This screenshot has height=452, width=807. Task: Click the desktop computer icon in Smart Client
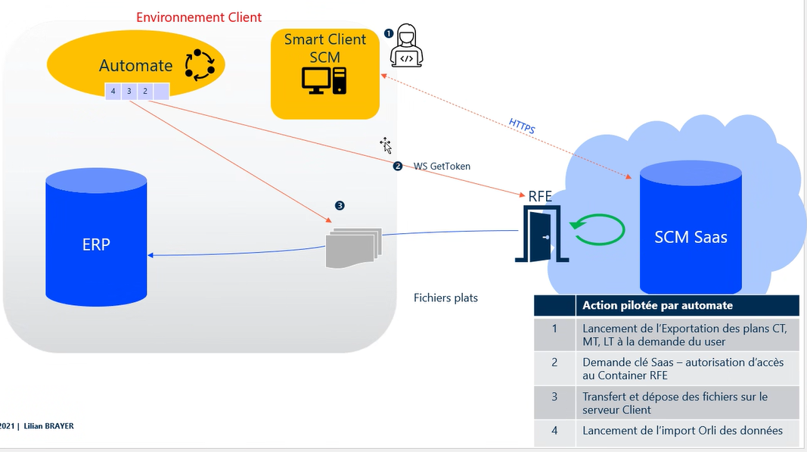coord(324,80)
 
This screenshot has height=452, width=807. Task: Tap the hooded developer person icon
coord(406,47)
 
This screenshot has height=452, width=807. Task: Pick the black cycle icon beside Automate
coord(200,65)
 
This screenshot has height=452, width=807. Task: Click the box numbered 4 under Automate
coord(113,92)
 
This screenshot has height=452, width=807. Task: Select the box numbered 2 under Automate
coord(145,92)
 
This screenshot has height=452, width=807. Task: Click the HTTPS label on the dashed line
coord(522,126)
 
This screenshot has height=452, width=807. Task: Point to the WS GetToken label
coord(442,166)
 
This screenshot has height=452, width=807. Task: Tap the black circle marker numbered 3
coord(340,205)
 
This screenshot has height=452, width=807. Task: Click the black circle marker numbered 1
coord(389,33)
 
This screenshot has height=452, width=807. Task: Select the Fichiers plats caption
coord(445,298)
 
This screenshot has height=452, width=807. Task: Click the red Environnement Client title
coord(199,17)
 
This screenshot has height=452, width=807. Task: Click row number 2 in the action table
coord(554,363)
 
